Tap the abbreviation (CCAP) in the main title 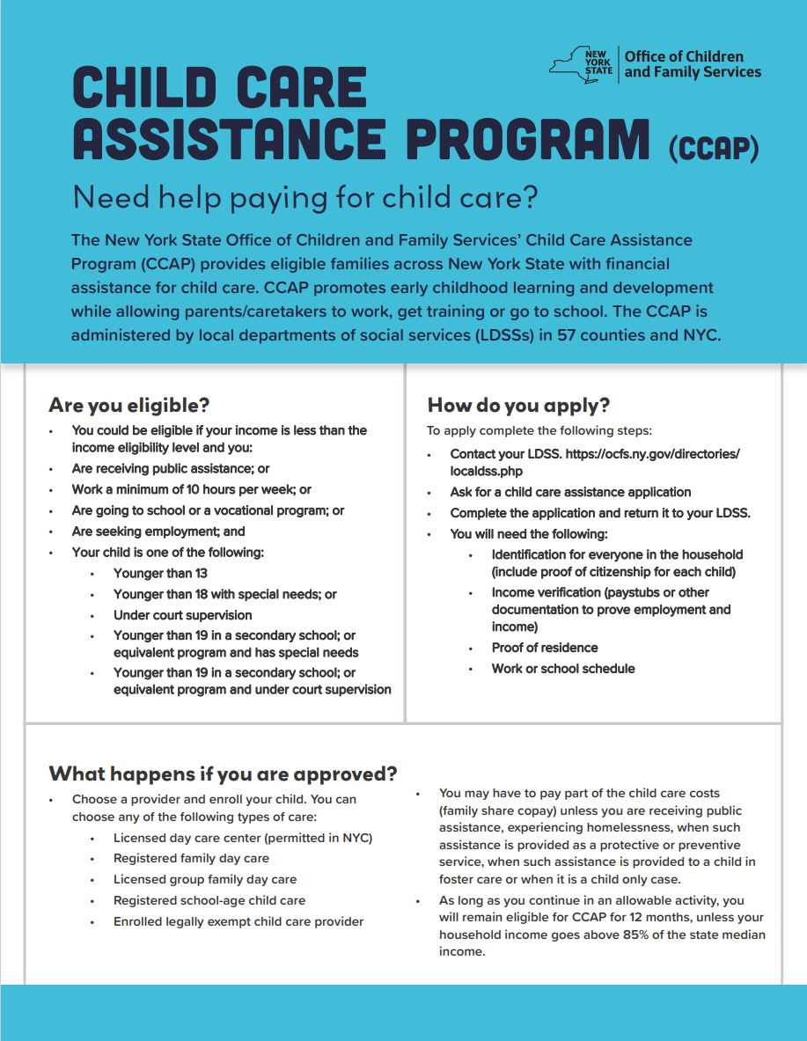(713, 147)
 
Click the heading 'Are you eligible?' (129, 405)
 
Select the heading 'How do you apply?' (518, 405)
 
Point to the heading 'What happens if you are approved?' (223, 773)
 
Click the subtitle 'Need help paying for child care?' (304, 197)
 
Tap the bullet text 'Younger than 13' (160, 573)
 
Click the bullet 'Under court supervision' (182, 615)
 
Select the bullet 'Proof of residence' (545, 647)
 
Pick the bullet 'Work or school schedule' (563, 668)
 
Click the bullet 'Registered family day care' (191, 858)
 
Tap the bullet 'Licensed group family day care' (205, 879)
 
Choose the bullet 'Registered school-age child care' (209, 900)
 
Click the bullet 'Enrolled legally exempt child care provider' (238, 921)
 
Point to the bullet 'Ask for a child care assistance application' (570, 492)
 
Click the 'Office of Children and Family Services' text (693, 64)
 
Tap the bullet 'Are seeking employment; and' (158, 531)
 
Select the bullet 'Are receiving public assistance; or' (171, 469)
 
